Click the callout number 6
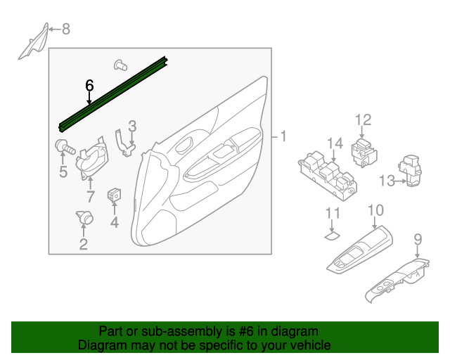pos(89,86)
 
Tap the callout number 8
pos(66,29)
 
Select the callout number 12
pos(364,120)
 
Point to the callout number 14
pos(335,143)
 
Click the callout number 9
pos(418,239)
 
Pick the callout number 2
pos(84,244)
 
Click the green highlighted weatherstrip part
pos(113,94)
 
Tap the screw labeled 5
pos(65,147)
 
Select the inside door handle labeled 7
pos(92,158)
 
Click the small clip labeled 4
pos(114,195)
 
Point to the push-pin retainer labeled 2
pos(85,217)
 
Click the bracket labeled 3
pos(124,143)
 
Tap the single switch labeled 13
pos(410,171)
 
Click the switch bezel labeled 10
pos(359,249)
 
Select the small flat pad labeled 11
pos(332,236)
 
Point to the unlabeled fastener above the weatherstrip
pos(120,65)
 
